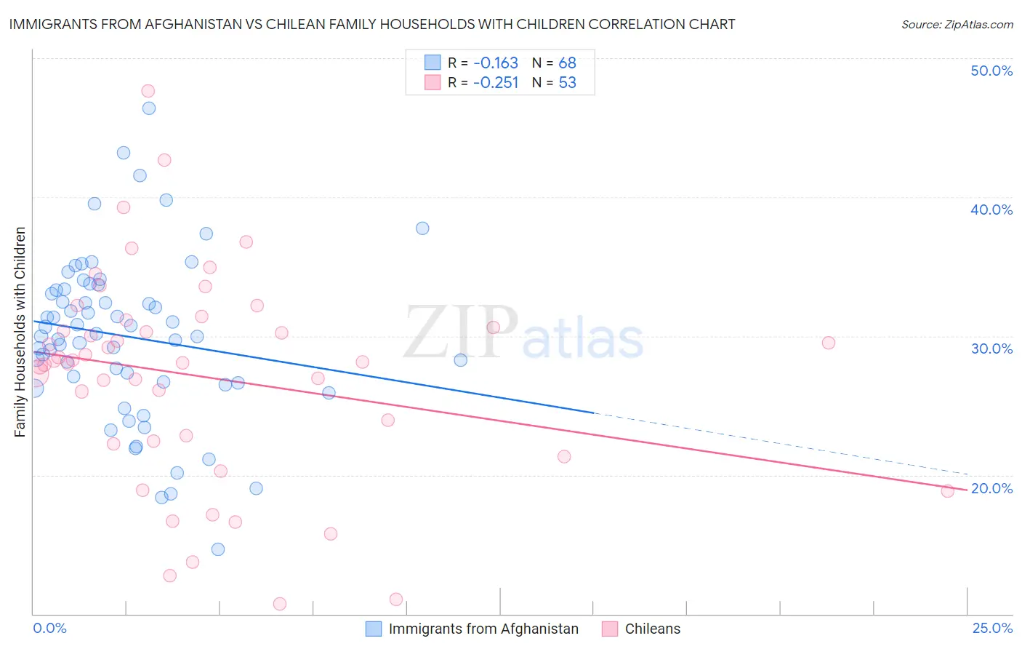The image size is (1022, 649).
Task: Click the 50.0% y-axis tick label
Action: (x=991, y=71)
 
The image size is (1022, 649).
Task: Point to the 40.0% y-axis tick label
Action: (x=991, y=210)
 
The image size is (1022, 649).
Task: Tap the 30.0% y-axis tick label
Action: (x=991, y=349)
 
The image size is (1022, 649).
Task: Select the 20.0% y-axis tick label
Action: (x=991, y=488)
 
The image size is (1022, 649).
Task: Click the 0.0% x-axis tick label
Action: (x=49, y=629)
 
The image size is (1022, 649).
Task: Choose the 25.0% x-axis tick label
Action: (x=991, y=629)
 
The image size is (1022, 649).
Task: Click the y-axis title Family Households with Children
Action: (x=20, y=332)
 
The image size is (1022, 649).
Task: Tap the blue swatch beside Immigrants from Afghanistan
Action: (x=374, y=629)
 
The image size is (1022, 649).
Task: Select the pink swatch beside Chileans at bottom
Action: (x=610, y=629)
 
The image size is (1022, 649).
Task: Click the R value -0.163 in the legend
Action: (x=495, y=63)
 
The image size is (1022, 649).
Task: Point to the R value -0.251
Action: (x=495, y=83)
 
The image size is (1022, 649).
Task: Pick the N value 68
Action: (x=567, y=63)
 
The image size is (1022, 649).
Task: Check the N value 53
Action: (x=567, y=83)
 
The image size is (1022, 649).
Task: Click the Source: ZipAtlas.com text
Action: (x=957, y=25)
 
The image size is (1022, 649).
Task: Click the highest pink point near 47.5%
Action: (x=148, y=91)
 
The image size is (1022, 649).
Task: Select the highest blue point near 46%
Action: (x=149, y=108)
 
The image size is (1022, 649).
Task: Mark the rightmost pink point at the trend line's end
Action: (x=947, y=491)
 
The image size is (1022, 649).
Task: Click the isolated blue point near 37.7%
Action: (x=422, y=228)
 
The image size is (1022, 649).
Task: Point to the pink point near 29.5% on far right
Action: (x=828, y=343)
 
